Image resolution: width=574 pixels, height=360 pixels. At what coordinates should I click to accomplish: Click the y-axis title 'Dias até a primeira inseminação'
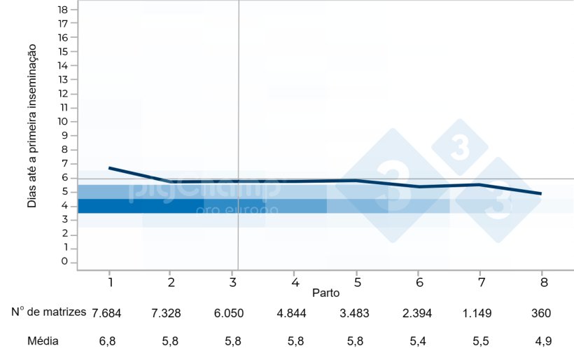click(x=31, y=126)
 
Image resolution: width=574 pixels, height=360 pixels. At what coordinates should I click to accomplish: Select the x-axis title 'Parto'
click(x=326, y=291)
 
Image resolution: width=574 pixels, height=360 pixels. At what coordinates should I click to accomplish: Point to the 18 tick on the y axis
click(x=64, y=9)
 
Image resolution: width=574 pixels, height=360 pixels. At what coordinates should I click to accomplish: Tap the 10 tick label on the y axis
click(x=64, y=121)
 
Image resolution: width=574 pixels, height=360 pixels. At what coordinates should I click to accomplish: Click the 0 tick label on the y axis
click(x=64, y=261)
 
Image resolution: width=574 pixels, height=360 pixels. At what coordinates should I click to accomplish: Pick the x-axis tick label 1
click(x=111, y=281)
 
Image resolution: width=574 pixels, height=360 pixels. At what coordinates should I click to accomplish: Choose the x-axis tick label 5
click(x=357, y=281)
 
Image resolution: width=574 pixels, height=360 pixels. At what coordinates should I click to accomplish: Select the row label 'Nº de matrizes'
click(x=49, y=312)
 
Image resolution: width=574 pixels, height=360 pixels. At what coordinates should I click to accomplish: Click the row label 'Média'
click(x=43, y=341)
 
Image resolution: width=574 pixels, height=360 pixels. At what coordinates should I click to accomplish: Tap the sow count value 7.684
click(x=106, y=313)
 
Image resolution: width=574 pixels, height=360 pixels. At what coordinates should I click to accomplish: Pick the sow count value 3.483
click(x=353, y=313)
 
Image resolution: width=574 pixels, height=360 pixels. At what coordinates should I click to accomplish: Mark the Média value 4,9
click(x=542, y=342)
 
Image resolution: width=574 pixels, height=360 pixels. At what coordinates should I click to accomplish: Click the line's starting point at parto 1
click(x=110, y=168)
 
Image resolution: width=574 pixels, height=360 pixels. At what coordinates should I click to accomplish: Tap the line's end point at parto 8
click(x=541, y=193)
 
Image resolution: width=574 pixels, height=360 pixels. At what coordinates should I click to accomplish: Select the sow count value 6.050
click(x=230, y=313)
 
